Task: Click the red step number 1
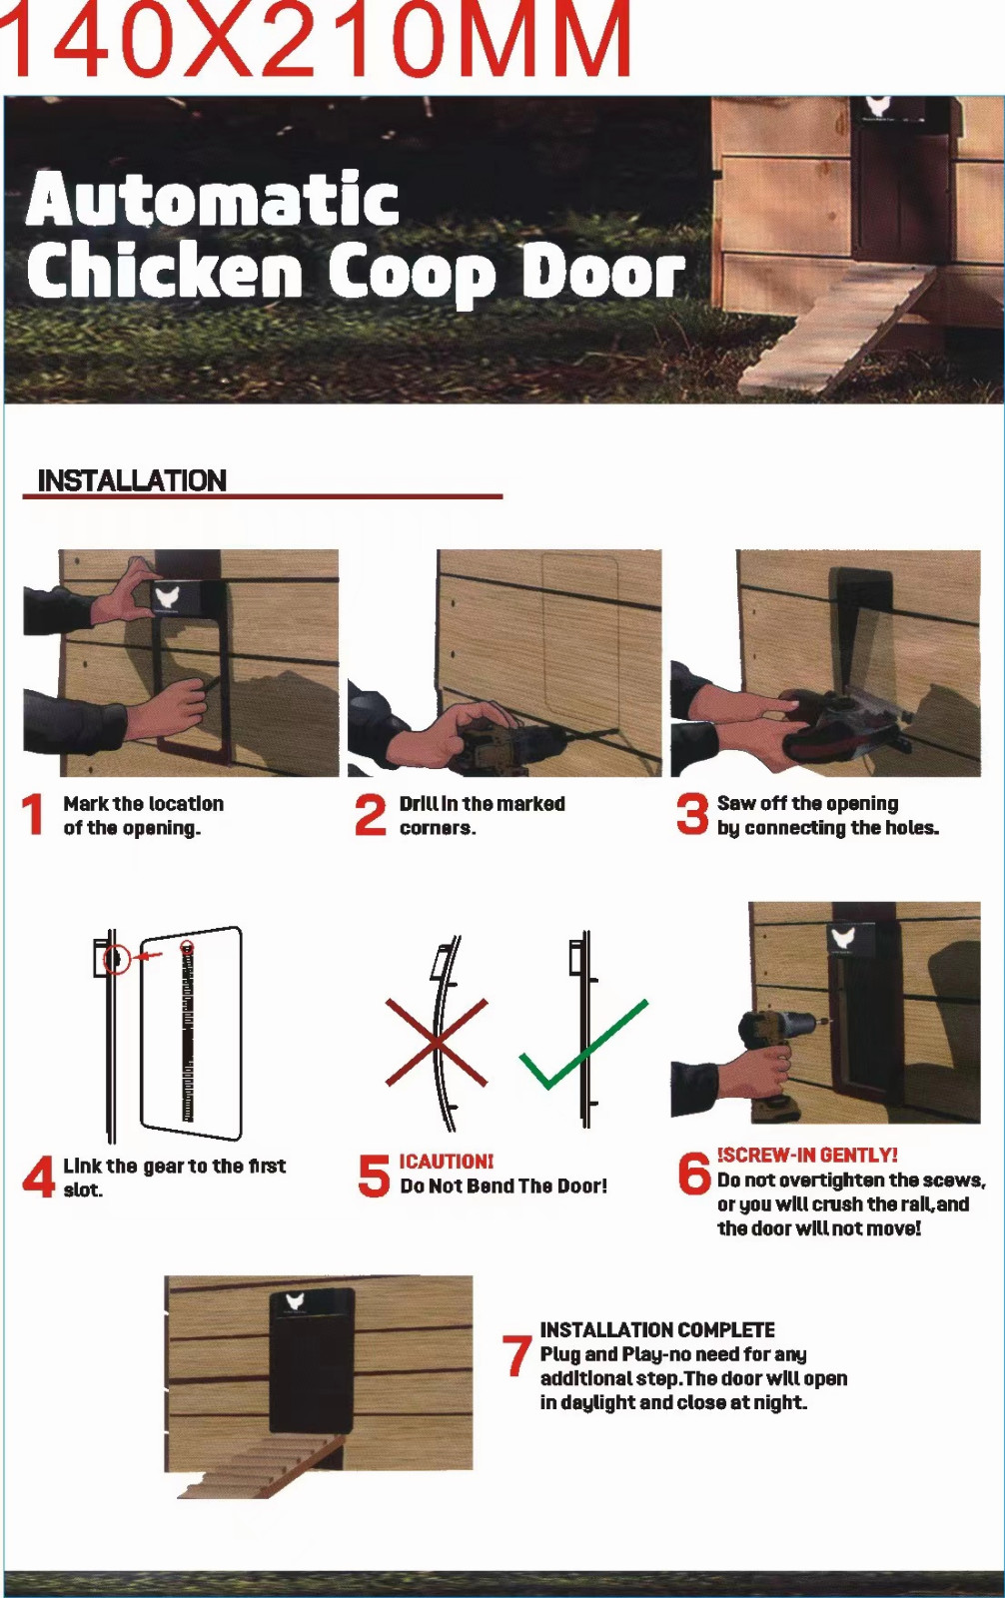[33, 814]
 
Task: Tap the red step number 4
[38, 1177]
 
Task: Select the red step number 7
[516, 1355]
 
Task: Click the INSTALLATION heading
[132, 480]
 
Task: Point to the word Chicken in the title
[164, 271]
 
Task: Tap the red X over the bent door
[437, 1043]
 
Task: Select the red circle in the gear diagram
[116, 959]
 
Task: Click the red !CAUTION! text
[446, 1162]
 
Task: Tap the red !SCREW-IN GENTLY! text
[807, 1155]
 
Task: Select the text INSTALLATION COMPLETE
[656, 1330]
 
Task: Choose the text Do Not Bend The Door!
[503, 1187]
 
